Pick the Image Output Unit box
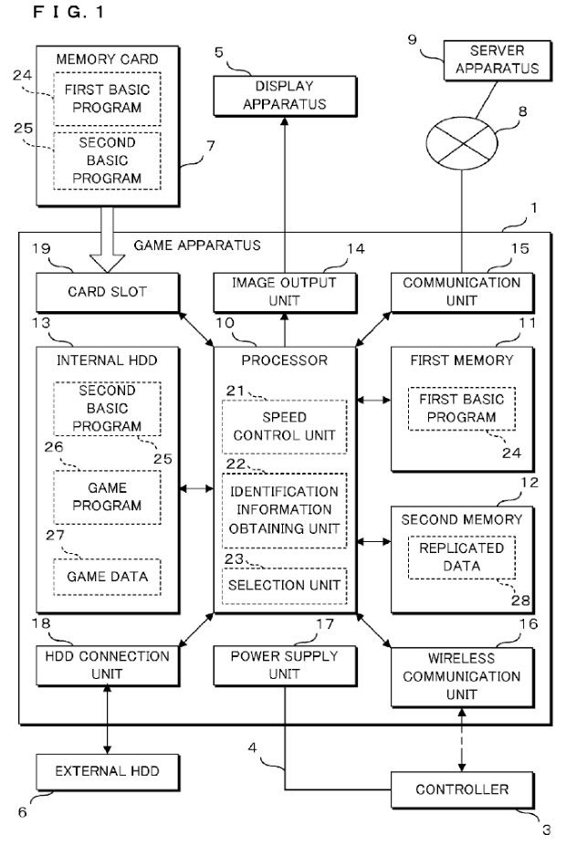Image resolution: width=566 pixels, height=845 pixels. (x=283, y=291)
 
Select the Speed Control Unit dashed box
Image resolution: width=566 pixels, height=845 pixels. (x=284, y=426)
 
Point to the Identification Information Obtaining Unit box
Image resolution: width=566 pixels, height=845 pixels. (x=284, y=510)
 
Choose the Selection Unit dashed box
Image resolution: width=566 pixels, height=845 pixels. (x=284, y=583)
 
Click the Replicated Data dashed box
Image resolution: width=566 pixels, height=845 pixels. (x=461, y=557)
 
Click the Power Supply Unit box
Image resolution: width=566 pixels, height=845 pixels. (x=283, y=664)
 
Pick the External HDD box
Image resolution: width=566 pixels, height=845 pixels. (x=96, y=771)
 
